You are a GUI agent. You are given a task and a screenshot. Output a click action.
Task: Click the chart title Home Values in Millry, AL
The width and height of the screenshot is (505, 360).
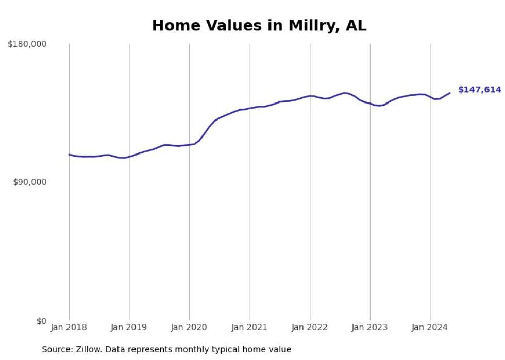coord(259,26)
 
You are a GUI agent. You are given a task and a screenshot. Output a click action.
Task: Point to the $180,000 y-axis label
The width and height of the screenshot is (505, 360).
coord(27,44)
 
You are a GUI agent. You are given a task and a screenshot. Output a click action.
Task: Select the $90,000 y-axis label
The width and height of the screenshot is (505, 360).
coord(29,182)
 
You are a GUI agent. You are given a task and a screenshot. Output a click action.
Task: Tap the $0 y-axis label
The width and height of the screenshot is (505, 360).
coord(41,321)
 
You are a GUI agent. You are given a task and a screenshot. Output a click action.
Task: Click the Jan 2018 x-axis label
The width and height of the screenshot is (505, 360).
coord(69,327)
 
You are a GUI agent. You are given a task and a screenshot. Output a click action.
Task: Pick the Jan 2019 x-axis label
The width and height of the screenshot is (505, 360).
coord(129,327)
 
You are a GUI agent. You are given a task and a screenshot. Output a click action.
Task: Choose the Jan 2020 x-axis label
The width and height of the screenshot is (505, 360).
coord(189,327)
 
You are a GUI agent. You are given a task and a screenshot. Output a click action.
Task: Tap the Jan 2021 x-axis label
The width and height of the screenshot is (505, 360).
coord(250,327)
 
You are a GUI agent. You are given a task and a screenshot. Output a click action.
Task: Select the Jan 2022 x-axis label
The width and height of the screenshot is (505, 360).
coord(310,327)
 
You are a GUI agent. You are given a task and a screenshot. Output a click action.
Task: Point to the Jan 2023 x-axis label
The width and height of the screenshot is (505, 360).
coord(370,327)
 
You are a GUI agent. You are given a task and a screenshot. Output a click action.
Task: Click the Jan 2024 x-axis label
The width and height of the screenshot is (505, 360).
coord(430,327)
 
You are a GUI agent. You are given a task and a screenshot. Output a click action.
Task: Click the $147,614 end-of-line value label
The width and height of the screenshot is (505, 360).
coord(479,90)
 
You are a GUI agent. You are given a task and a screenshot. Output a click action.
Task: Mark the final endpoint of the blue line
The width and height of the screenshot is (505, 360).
coord(450,93)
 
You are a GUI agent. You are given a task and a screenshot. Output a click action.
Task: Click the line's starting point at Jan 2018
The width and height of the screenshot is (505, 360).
coord(69,155)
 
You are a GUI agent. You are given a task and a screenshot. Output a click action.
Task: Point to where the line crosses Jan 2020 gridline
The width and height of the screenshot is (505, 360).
coord(189,145)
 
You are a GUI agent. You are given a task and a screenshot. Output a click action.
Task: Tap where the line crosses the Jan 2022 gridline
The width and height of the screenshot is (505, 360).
coord(310,96)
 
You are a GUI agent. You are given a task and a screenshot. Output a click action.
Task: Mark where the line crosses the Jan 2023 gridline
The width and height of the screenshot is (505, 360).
coord(370,104)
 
